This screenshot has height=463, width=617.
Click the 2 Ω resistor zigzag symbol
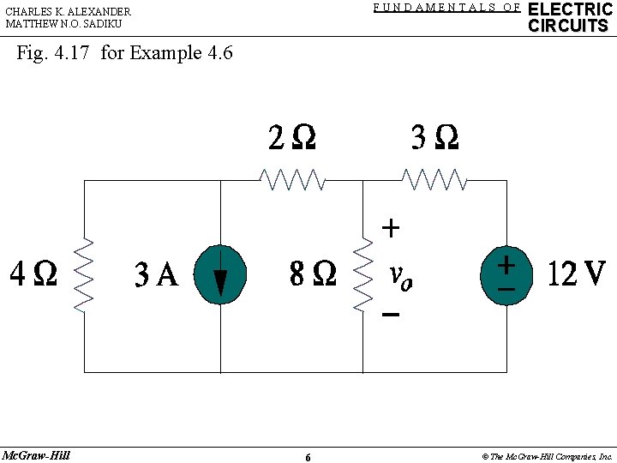[x=292, y=180]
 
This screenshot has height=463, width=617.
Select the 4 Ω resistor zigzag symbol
[x=85, y=275]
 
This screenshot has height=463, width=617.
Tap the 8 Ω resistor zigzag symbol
[x=363, y=275]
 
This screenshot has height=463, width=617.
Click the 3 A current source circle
[x=220, y=275]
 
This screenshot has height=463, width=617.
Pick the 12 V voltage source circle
[x=506, y=275]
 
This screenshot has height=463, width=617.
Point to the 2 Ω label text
[x=291, y=137]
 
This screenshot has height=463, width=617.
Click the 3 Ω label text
[x=434, y=137]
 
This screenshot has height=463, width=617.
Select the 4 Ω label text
[x=33, y=274]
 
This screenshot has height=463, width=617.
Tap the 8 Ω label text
[x=313, y=274]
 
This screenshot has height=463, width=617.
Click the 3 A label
[x=156, y=275]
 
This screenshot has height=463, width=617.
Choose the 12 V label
[x=576, y=274]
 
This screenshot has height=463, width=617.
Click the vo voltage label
[x=400, y=276]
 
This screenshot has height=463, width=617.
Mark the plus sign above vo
[x=390, y=228]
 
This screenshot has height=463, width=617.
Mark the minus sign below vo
[x=390, y=315]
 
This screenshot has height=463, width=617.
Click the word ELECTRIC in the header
[x=570, y=9]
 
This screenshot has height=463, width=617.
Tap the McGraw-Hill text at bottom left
[x=36, y=454]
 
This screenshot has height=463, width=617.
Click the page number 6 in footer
[x=308, y=457]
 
